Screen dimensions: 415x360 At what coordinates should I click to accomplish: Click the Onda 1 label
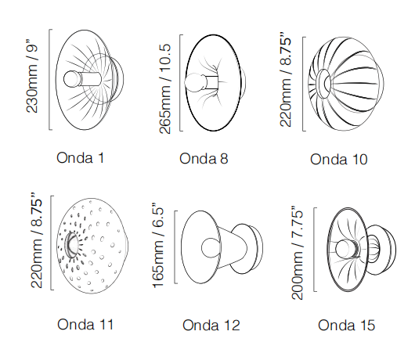click(x=81, y=158)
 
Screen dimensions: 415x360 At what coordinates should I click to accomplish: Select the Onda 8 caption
click(x=204, y=159)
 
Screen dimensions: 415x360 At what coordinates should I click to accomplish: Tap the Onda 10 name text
click(x=339, y=160)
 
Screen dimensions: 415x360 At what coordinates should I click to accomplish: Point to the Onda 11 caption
click(x=85, y=325)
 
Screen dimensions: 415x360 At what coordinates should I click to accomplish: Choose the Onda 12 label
click(x=211, y=325)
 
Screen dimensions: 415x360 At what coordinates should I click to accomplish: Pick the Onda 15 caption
click(x=346, y=325)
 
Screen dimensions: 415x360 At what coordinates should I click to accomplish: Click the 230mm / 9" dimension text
click(x=32, y=77)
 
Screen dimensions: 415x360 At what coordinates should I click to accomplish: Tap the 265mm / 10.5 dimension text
click(x=165, y=89)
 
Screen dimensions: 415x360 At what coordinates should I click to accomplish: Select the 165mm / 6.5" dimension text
click(x=158, y=245)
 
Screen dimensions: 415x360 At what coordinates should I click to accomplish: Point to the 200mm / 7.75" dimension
click(x=297, y=253)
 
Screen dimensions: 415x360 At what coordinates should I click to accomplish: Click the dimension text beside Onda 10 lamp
click(x=286, y=80)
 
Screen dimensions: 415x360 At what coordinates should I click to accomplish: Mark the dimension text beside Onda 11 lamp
click(x=37, y=240)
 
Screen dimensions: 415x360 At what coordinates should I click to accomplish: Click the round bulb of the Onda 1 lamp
click(x=72, y=78)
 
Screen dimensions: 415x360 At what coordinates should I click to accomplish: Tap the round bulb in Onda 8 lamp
click(x=194, y=82)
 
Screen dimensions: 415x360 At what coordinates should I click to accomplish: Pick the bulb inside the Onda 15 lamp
click(x=344, y=249)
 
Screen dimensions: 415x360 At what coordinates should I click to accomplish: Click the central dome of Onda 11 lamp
click(x=71, y=245)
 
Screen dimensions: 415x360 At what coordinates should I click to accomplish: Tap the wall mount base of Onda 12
click(x=248, y=249)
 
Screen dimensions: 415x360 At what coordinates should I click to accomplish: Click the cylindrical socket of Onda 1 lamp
click(x=91, y=79)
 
